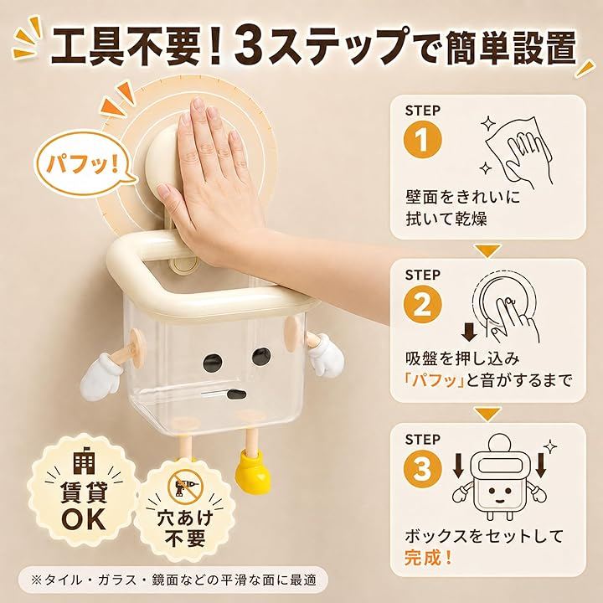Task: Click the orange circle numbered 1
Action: (423, 140)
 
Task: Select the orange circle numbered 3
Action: (423, 469)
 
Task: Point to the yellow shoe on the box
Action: (253, 472)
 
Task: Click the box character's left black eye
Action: (213, 362)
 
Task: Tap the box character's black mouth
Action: (236, 395)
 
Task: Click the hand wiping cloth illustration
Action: (514, 152)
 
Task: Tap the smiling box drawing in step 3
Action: (499, 479)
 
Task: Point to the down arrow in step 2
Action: (469, 332)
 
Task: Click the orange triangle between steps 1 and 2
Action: (488, 250)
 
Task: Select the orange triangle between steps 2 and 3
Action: (488, 415)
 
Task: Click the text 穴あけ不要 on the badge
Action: (185, 528)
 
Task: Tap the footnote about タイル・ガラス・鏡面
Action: (174, 580)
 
